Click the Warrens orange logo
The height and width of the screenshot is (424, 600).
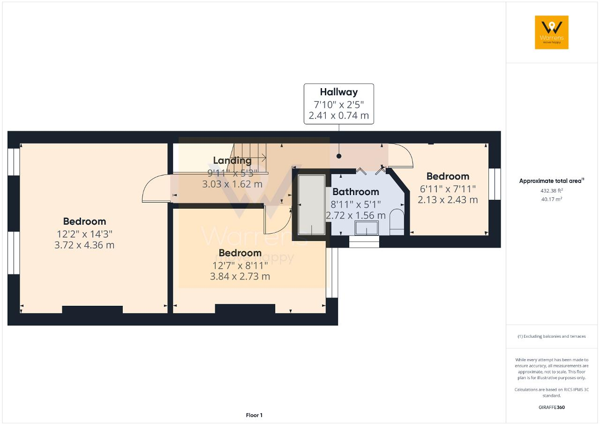coord(551,32)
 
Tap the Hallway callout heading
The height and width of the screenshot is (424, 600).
coord(338,92)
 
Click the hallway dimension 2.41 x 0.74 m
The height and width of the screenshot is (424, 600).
coord(338,115)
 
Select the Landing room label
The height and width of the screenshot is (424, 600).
coord(232,161)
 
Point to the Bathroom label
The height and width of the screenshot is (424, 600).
coord(355,191)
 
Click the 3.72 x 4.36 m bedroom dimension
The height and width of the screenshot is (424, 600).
coord(84,245)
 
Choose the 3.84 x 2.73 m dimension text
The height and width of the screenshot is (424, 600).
coord(240,276)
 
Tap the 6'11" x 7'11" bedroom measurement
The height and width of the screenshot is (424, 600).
coord(447,188)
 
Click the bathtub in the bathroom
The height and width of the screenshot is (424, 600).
coord(312,204)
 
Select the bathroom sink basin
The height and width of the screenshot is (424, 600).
coord(367,228)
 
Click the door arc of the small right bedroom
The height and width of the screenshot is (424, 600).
coord(401,155)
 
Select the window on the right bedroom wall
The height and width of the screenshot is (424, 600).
coord(495,184)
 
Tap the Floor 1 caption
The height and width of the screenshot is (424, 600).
coord(254,415)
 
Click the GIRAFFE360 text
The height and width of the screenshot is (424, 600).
coord(551,407)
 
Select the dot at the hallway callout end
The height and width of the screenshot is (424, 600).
coord(338,157)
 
